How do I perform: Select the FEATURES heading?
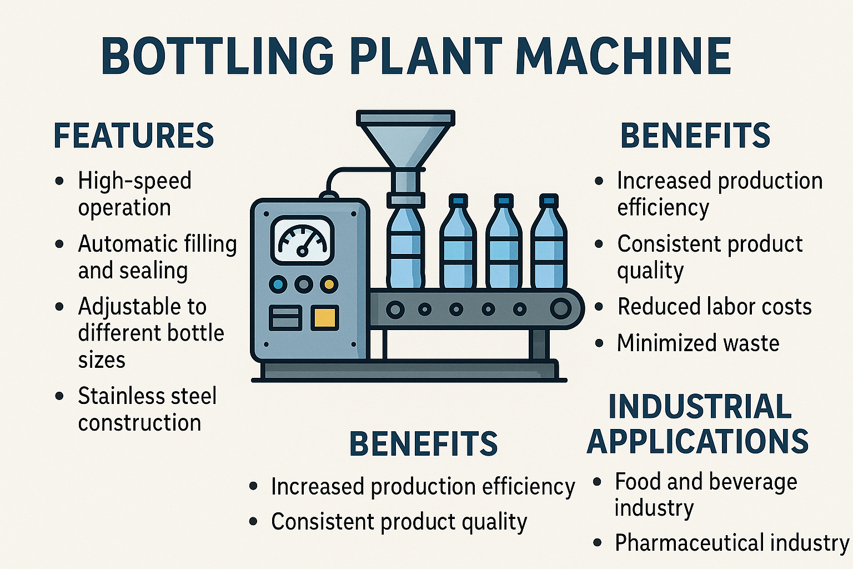point(134,136)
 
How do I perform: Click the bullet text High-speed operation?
point(134,194)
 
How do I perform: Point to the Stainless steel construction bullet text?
point(147,409)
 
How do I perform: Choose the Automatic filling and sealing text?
point(157,257)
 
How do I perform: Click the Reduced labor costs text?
point(714,307)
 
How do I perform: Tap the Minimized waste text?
point(698,343)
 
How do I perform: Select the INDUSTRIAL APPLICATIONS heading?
point(698,423)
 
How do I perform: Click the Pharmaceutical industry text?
point(731,542)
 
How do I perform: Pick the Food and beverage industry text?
point(706,495)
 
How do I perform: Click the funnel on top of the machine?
point(405,139)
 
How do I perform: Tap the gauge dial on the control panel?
point(303,240)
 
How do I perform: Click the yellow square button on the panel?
point(324,318)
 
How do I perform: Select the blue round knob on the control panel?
point(278,285)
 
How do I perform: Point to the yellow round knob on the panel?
point(329,285)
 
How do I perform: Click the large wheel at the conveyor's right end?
point(561,308)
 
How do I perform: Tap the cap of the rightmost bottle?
point(549,200)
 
